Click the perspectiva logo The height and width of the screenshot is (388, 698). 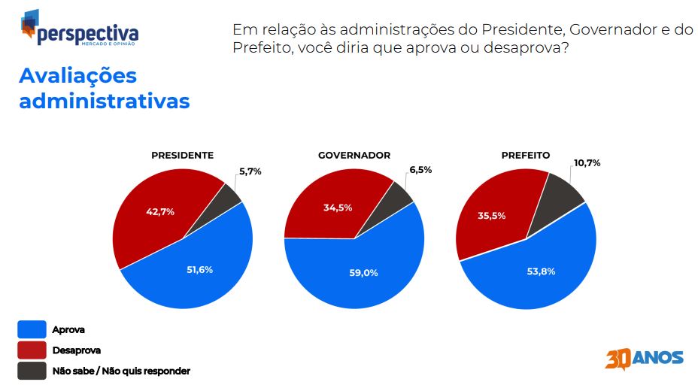pyautogui.click(x=80, y=28)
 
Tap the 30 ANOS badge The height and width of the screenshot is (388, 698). pyautogui.click(x=644, y=359)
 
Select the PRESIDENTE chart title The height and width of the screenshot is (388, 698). pyautogui.click(x=183, y=156)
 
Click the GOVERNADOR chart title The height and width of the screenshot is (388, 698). pyautogui.click(x=354, y=156)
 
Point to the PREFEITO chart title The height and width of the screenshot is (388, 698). pyautogui.click(x=526, y=156)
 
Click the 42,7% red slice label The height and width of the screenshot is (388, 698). pyautogui.click(x=160, y=212)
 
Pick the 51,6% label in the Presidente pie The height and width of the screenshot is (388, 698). pyautogui.click(x=200, y=270)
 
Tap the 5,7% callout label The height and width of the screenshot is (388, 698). pyautogui.click(x=250, y=171)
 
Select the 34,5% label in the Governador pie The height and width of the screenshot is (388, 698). pyautogui.click(x=338, y=208)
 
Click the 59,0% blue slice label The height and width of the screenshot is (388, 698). pyautogui.click(x=364, y=273)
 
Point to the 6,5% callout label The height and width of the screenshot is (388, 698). pyautogui.click(x=420, y=169)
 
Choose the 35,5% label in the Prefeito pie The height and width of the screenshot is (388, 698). pyautogui.click(x=492, y=216)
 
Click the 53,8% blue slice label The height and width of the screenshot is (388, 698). pyautogui.click(x=542, y=271)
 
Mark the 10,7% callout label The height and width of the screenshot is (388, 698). pyautogui.click(x=587, y=163)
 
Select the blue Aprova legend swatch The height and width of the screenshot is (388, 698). pyautogui.click(x=32, y=329)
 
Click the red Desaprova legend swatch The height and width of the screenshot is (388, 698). pyautogui.click(x=32, y=350)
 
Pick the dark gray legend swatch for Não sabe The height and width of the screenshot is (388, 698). pyautogui.click(x=32, y=371)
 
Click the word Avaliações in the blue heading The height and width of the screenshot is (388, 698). pyautogui.click(x=78, y=76)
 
